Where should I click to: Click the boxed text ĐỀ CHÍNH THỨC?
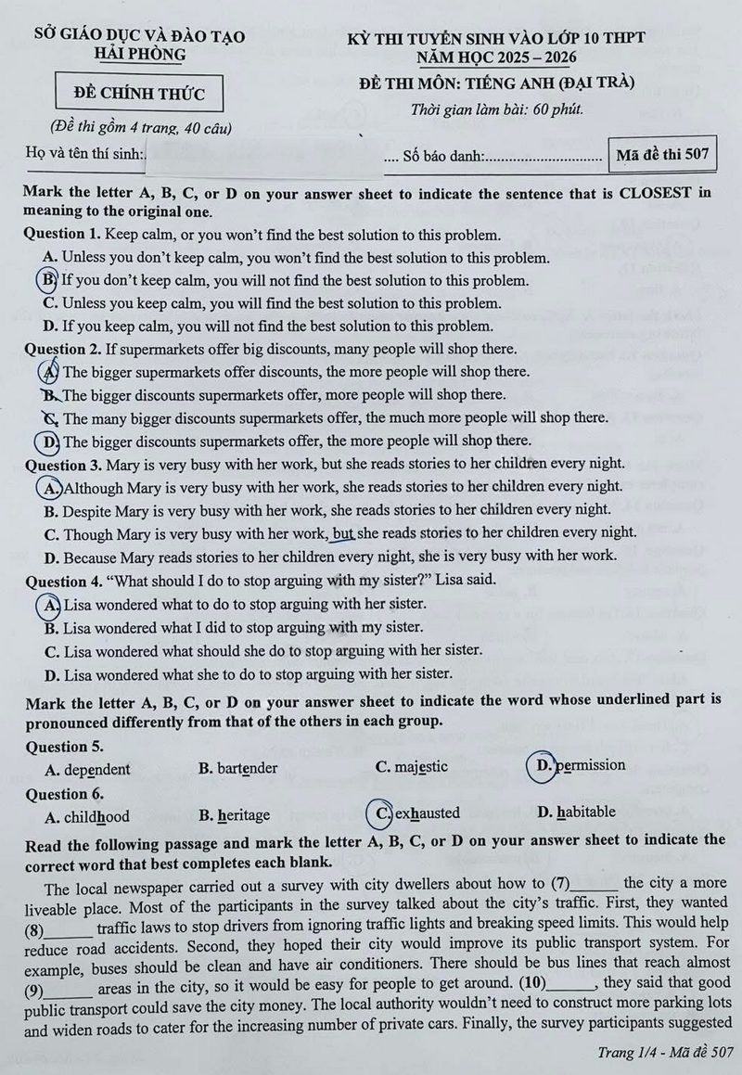138,93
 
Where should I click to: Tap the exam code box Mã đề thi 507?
662,155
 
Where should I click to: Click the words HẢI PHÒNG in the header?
140,54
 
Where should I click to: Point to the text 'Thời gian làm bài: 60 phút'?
497,109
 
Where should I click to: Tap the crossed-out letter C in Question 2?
51,418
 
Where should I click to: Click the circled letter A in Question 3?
50,487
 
